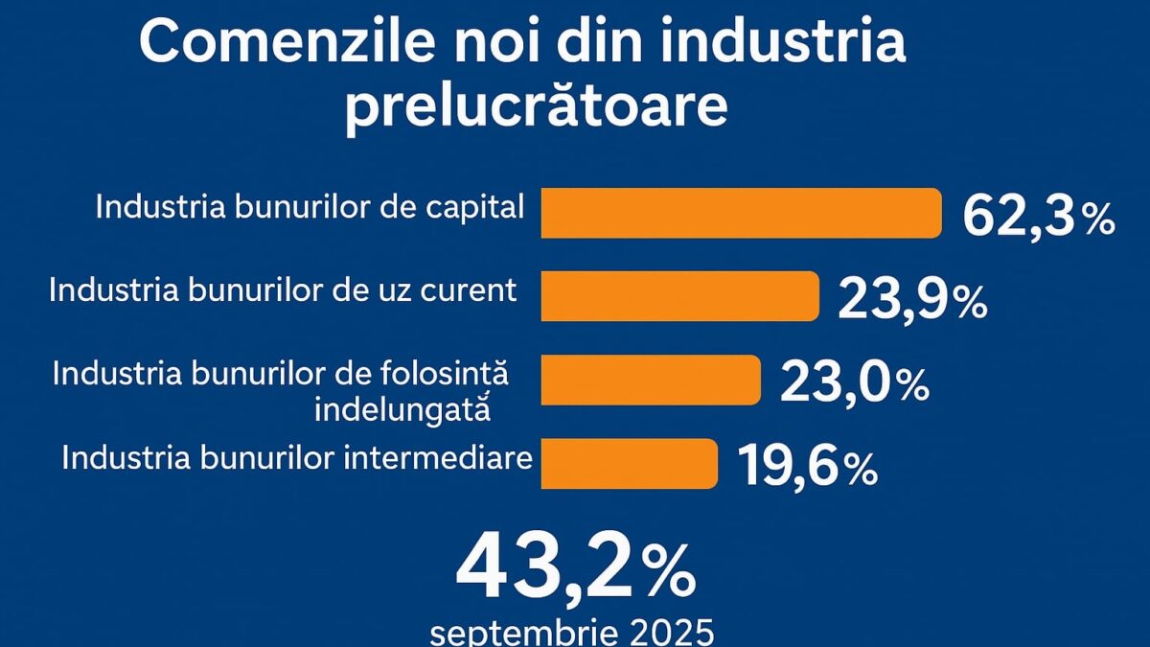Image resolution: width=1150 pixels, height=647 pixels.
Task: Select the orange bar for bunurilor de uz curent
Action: [680, 295]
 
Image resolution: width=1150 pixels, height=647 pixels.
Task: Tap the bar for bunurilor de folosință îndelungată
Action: [651, 380]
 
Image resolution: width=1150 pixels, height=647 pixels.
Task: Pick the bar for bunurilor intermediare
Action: [629, 463]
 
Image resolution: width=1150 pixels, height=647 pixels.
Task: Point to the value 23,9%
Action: [912, 301]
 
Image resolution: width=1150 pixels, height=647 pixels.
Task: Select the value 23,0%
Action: [854, 383]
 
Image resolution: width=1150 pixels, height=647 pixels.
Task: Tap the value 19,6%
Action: [807, 467]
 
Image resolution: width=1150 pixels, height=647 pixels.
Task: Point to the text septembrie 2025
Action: [572, 632]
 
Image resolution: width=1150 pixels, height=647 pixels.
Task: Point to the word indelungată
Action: [402, 408]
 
